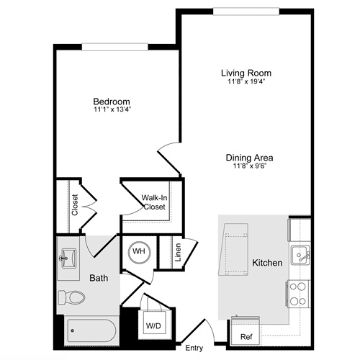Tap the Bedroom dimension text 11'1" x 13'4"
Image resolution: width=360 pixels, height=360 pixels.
point(111,110)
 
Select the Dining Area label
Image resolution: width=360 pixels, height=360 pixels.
point(250,158)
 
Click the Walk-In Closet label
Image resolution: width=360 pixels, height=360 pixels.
point(153,202)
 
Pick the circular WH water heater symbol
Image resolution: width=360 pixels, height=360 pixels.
point(138,253)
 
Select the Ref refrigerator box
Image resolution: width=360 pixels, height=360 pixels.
point(246,336)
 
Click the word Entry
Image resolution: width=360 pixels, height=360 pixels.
point(194,348)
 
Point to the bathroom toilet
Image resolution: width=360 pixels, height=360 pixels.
point(71,297)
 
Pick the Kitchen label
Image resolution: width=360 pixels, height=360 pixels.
point(266,263)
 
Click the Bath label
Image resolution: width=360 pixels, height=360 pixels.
point(99,277)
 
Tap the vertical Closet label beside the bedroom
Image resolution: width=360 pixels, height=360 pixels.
point(75,204)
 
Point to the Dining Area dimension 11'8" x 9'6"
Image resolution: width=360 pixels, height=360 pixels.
point(250,166)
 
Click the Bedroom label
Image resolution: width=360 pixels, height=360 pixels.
point(111,102)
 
